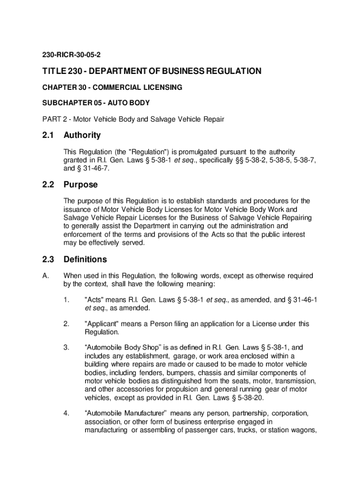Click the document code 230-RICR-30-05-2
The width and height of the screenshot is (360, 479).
70,55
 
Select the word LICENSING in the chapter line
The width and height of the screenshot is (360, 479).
164,87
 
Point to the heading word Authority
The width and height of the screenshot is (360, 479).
82,136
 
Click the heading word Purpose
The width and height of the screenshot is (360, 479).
80,185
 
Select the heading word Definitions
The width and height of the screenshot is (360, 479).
85,260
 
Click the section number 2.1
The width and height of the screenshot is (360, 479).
48,136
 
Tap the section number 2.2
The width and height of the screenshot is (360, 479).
48,185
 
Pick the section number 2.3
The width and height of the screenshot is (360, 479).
48,260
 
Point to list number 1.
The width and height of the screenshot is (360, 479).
66,299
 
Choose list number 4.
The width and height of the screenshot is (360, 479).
66,414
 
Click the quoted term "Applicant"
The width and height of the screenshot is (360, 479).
102,324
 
